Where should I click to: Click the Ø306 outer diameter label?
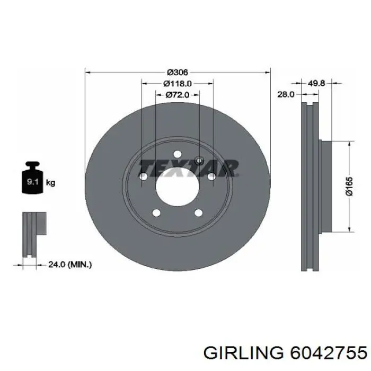point(177,72)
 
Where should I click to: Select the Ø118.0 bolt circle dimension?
point(177,83)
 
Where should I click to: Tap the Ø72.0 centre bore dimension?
point(177,95)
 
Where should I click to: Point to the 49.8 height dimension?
point(316,83)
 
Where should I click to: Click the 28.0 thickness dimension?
point(286,95)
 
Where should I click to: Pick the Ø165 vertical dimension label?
point(349,187)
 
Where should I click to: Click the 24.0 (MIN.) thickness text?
point(70,264)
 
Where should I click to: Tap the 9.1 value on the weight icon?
point(31,182)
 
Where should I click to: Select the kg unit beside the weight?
point(50,182)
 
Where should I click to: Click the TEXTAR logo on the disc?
point(188,169)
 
